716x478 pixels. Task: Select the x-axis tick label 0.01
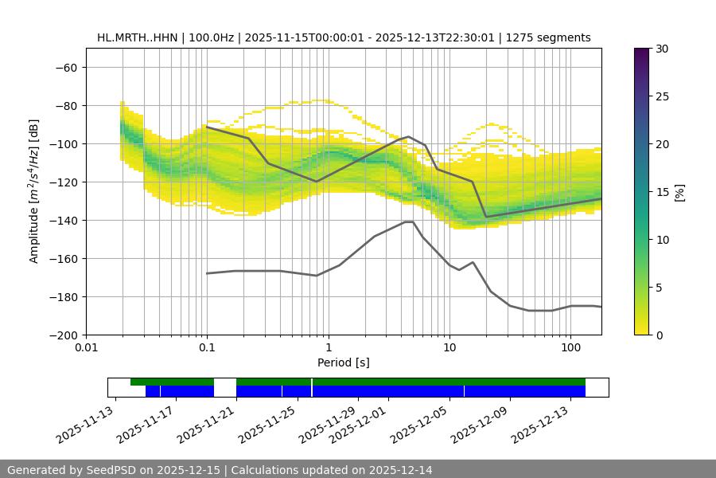[86, 348]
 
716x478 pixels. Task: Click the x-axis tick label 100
[570, 348]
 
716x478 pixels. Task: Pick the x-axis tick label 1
[328, 348]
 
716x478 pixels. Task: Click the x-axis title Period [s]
[343, 362]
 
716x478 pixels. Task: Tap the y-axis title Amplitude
[34, 191]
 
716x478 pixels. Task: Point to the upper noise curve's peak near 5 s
[408, 136]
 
